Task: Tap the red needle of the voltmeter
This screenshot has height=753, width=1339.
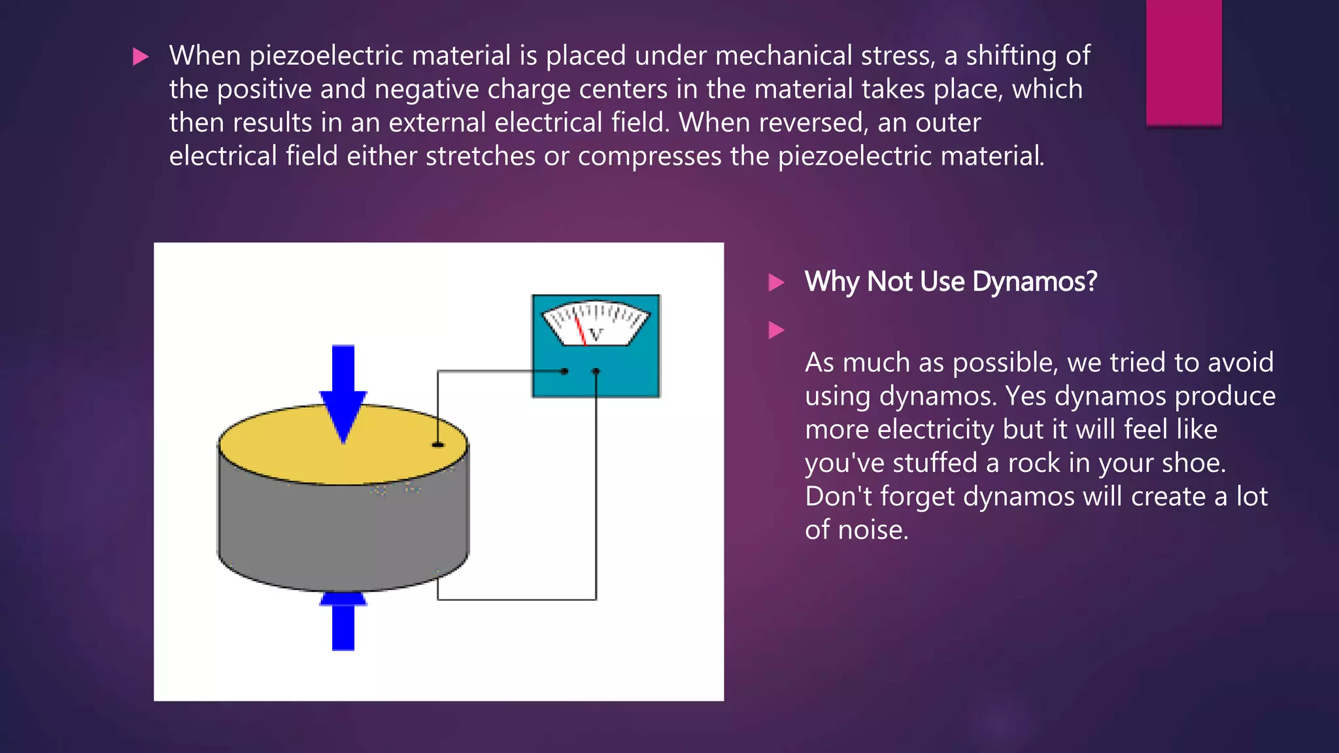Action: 579,331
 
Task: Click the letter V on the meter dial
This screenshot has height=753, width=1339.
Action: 595,335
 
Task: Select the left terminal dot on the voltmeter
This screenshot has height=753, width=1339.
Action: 565,371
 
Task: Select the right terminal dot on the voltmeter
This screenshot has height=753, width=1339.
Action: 596,371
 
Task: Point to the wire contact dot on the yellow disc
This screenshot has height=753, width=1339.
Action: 438,444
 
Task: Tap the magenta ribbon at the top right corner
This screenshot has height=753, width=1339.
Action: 1183,62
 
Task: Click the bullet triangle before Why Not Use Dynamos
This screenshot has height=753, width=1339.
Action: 776,282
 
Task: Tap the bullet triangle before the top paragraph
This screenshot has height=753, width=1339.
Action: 140,57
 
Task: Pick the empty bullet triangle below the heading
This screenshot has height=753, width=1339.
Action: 776,330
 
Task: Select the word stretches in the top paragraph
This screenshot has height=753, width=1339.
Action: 481,156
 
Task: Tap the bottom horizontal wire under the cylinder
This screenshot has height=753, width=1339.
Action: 517,599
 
